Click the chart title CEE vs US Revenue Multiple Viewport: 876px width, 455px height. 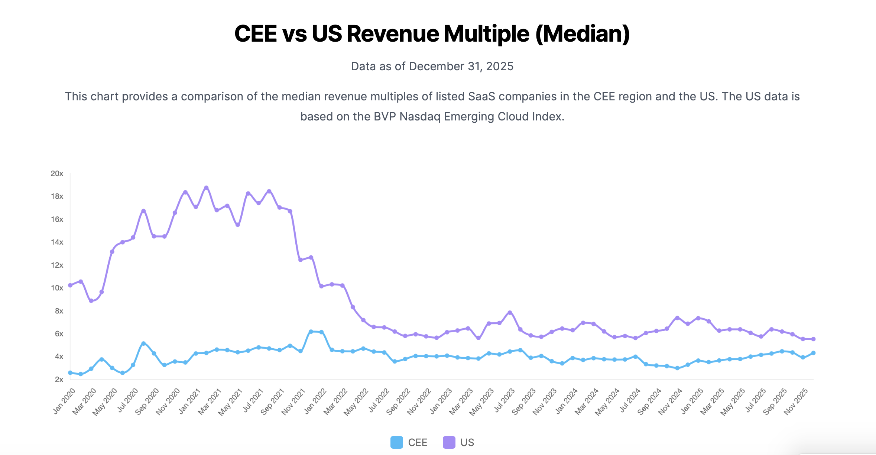[432, 34]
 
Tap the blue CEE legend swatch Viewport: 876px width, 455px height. [396, 442]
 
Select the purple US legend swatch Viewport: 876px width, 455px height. [449, 442]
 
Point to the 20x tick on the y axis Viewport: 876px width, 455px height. [57, 174]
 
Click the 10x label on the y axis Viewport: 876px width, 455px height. [57, 288]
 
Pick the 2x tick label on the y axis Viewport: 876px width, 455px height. [59, 380]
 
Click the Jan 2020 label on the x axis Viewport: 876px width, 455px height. [64, 401]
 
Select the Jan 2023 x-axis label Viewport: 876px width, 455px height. [441, 401]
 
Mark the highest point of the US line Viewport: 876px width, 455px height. [206, 188]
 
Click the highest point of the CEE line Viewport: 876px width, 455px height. [311, 331]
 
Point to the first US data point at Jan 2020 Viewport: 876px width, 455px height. [70, 285]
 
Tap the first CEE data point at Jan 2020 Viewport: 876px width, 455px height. [70, 372]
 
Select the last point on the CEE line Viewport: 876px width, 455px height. [813, 353]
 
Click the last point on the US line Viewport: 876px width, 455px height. [813, 339]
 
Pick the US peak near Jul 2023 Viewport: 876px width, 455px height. [510, 313]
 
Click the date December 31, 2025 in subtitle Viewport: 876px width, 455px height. [461, 66]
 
